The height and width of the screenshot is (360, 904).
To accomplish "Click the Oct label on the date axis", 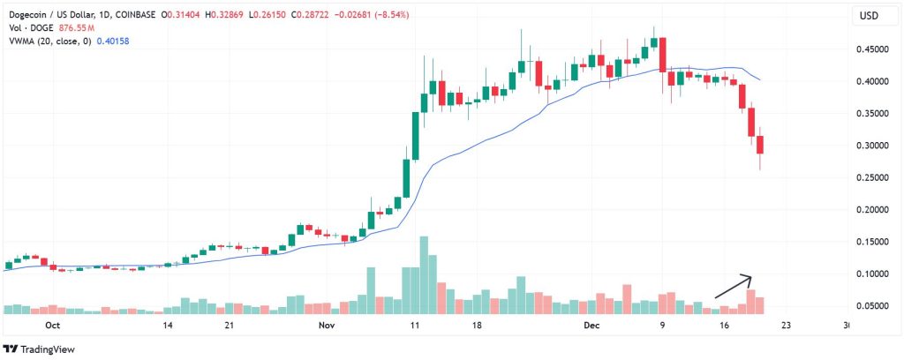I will tap(52, 325).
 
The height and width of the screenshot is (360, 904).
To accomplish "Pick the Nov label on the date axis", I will tap(327, 325).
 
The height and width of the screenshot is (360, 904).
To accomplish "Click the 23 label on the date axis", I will tap(784, 325).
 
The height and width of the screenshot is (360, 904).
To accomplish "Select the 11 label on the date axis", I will tap(413, 325).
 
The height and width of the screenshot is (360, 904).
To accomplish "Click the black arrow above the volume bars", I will tap(734, 286).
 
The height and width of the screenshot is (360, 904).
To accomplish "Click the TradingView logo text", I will tap(49, 347).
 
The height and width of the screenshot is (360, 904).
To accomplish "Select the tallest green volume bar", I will tap(424, 274).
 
